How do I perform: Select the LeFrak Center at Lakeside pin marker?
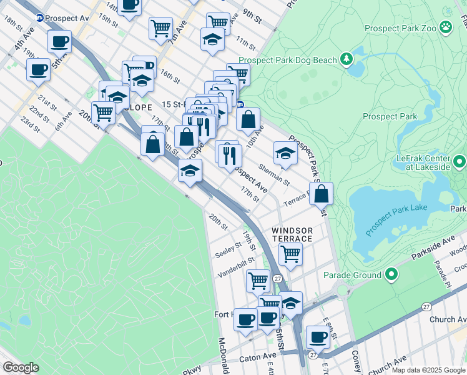[x=460, y=163]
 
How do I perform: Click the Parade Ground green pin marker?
[x=391, y=275]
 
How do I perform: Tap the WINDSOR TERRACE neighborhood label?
[x=292, y=235]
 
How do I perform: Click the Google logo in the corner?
[x=21, y=367]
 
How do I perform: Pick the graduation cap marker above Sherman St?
[x=285, y=153]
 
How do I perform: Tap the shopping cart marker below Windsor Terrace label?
[x=290, y=254]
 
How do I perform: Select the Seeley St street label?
[x=228, y=248]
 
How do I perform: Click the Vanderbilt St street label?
[x=236, y=267]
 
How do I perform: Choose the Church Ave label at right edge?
[x=448, y=319]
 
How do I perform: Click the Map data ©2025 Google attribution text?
[x=428, y=369]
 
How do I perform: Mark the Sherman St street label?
[x=274, y=175]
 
